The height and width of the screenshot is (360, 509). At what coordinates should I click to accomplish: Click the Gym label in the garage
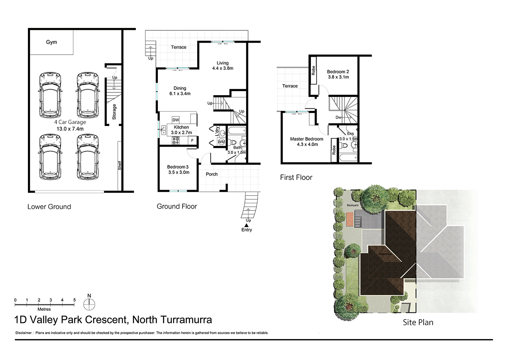point(51,42)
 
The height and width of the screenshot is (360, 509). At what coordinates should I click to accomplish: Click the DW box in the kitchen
point(176,119)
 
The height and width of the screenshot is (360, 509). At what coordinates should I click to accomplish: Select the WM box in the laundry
point(221,142)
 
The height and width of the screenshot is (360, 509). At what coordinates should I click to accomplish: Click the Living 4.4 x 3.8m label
point(222,66)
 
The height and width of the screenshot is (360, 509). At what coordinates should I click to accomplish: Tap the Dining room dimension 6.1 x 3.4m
point(180,94)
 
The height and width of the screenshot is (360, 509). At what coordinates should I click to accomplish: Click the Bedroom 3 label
point(178,167)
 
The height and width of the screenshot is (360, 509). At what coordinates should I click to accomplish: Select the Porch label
point(212,174)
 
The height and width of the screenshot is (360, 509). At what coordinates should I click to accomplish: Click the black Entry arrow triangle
point(247,225)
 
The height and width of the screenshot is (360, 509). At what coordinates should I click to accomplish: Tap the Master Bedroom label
point(306,139)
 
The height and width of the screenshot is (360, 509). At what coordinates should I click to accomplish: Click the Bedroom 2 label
point(338,71)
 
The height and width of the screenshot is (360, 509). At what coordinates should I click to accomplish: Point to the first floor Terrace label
point(290,86)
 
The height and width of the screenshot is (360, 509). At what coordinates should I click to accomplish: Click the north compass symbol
point(89,304)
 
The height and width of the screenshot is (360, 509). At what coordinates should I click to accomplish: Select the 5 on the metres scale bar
point(75,300)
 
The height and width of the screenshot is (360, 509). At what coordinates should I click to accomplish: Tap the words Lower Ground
point(49,206)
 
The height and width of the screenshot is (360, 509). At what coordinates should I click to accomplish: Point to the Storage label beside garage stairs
point(114,112)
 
